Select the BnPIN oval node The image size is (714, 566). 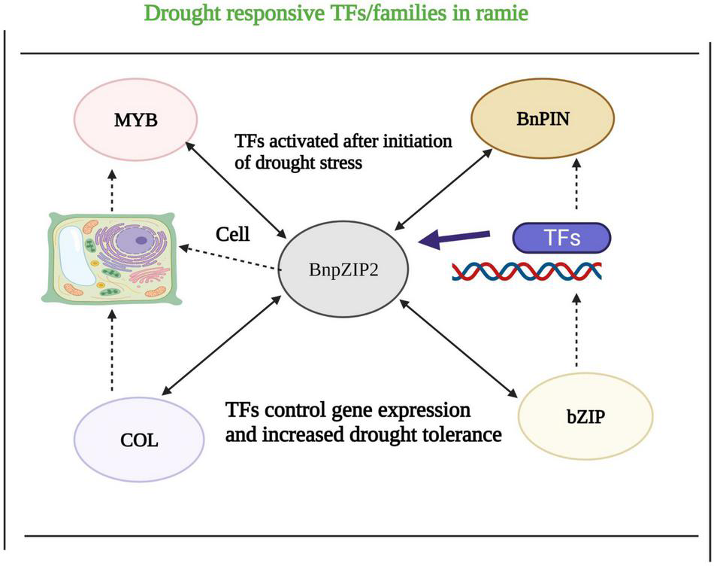(542, 117)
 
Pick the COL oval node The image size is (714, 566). (139, 438)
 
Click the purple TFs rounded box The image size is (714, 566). (561, 239)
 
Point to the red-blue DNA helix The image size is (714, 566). (526, 271)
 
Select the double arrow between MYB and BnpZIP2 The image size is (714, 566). (232, 188)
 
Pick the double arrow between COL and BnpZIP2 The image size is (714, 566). (221, 347)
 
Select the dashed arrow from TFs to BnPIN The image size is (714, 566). (577, 184)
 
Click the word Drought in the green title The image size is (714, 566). (181, 13)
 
